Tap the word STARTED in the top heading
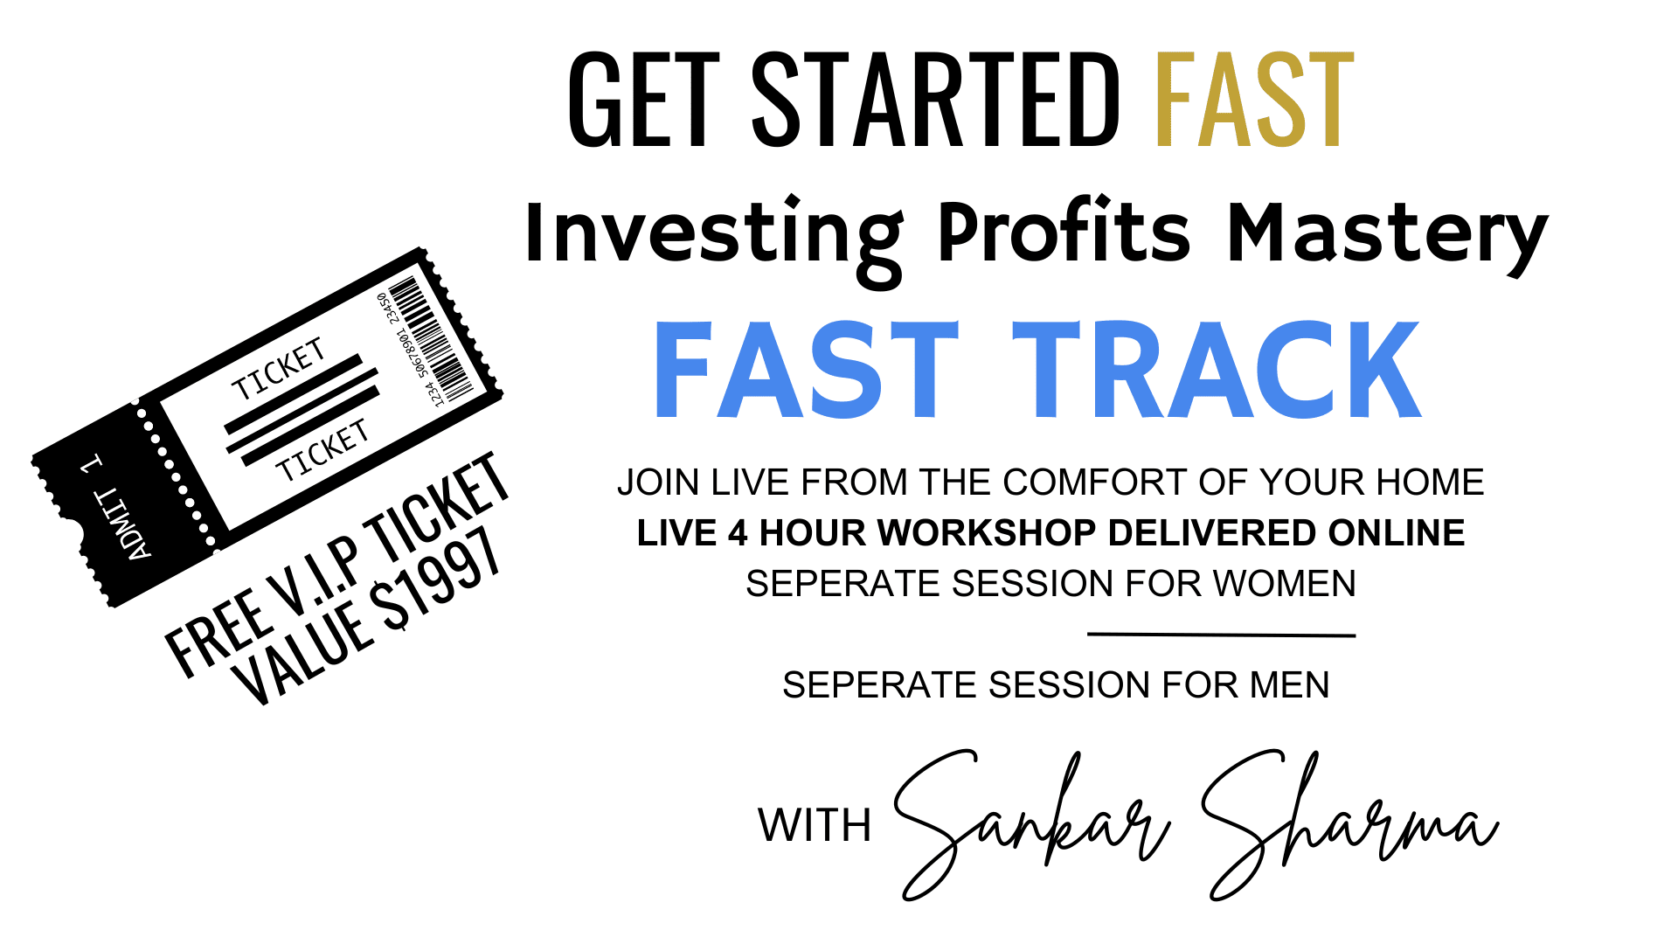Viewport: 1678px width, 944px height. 935,99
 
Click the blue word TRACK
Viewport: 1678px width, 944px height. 1217,370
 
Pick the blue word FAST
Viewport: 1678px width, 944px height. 806,370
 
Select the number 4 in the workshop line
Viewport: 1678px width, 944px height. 738,533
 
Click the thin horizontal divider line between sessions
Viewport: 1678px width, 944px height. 1222,635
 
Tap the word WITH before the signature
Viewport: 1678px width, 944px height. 815,825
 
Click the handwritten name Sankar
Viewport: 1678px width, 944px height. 1031,822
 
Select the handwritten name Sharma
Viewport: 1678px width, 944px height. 1350,822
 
